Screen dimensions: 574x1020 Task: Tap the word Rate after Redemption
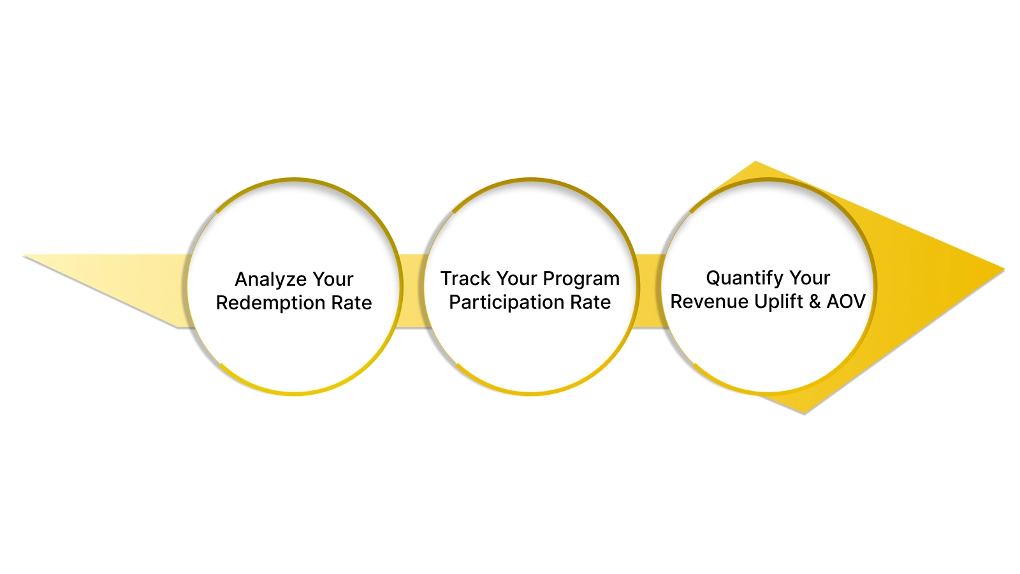[351, 303]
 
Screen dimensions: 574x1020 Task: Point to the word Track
[465, 279]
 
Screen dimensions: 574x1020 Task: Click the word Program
[581, 279]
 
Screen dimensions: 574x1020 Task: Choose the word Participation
[506, 302]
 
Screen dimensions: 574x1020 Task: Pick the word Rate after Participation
[590, 302]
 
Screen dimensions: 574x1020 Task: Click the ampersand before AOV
[815, 301]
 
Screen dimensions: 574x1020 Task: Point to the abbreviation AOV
[846, 301]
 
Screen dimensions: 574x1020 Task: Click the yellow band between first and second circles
[412, 291]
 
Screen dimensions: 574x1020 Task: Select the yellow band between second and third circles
[649, 291]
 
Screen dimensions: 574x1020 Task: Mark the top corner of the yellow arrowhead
[755, 164]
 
